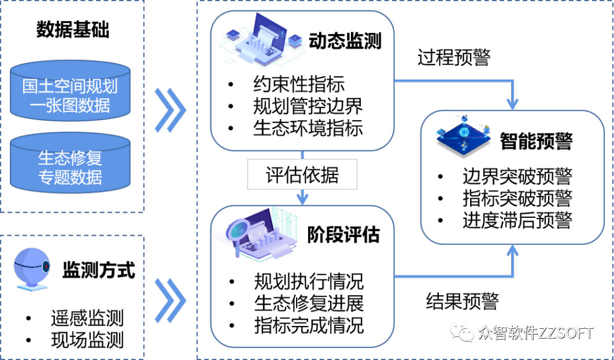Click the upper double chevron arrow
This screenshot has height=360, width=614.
pos(170,110)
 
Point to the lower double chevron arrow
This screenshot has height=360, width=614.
pos(170,300)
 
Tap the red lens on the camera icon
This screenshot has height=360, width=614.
pos(46,266)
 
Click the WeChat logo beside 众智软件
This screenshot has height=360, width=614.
pos(463,332)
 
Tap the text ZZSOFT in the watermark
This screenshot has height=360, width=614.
pos(565,333)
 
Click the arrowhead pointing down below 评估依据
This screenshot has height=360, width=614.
pos(302,198)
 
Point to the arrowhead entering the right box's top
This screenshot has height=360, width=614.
pos(512,103)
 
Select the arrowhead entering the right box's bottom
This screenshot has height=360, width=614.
pos(512,251)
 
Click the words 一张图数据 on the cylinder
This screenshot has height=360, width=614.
pos(70,105)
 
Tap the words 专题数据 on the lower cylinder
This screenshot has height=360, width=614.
pos(70,177)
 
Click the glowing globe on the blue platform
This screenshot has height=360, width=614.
pos(464,132)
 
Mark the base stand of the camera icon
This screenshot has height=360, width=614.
pos(32,287)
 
